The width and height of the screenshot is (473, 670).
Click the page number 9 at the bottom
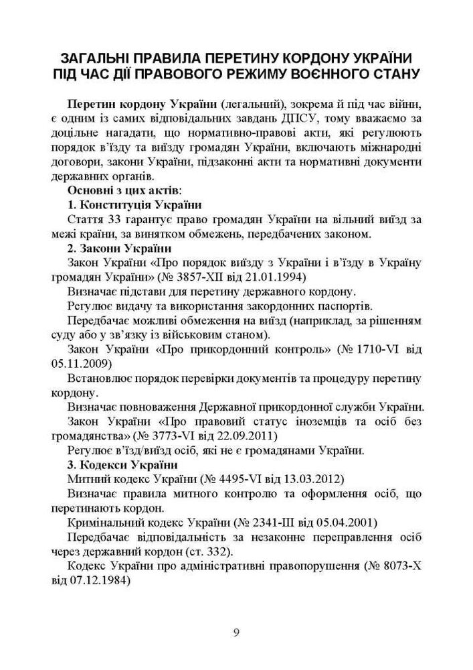tap(236, 633)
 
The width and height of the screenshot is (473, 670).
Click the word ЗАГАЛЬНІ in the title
tap(102, 56)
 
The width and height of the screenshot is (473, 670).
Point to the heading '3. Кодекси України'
tap(122, 464)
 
